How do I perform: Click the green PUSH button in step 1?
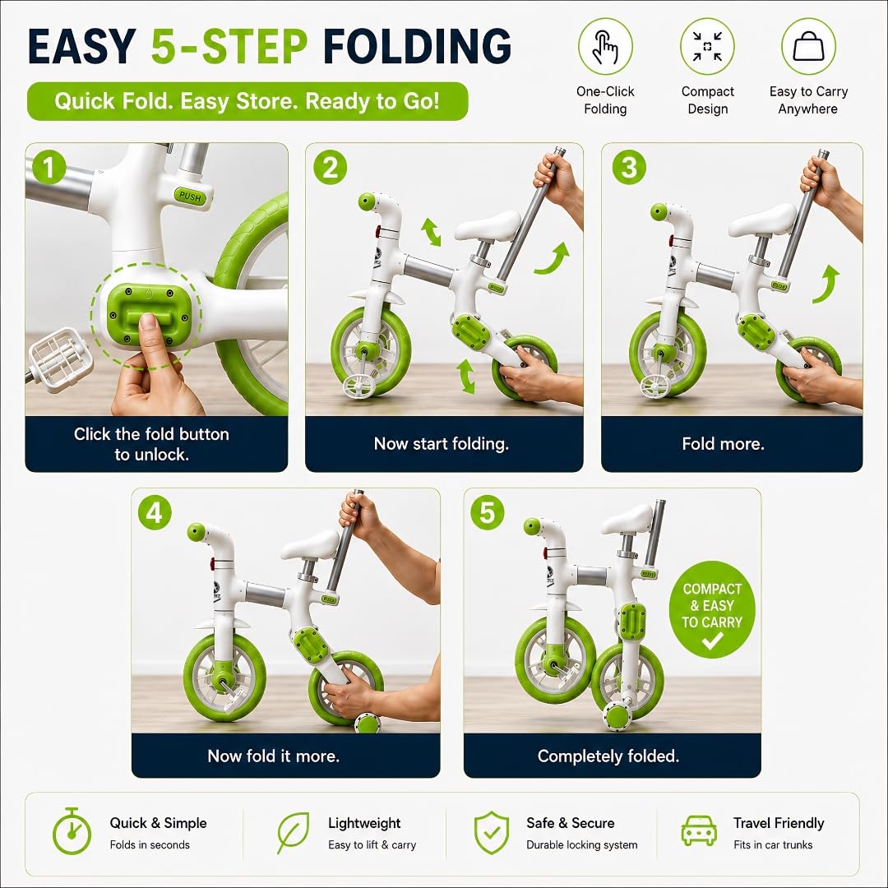point(190,196)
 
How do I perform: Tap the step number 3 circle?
point(629,169)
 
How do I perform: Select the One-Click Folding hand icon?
point(605,47)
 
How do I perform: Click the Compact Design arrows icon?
point(707,46)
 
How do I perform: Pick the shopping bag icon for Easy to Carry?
point(808,46)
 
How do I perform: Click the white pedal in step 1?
point(53,358)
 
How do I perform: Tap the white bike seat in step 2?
point(488,225)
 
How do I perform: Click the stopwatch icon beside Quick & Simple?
point(72,831)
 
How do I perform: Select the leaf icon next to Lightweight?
point(293,832)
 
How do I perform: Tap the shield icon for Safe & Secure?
point(491,832)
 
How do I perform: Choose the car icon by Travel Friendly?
point(698,830)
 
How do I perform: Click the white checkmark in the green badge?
point(712,641)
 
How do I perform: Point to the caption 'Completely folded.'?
point(608,756)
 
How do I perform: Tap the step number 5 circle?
point(487,513)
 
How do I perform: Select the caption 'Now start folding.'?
point(442,443)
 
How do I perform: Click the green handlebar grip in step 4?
point(196,531)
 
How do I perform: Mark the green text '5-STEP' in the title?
point(229,46)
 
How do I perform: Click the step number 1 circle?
point(49,169)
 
